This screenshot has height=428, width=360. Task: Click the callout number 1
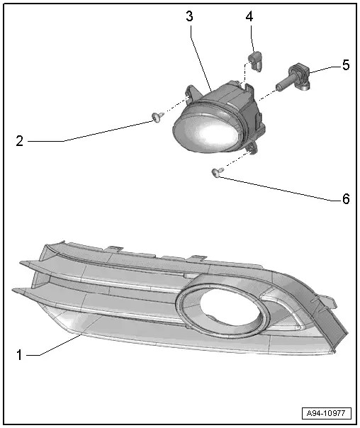(x=18, y=351)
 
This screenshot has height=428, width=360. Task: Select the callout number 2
(x=20, y=141)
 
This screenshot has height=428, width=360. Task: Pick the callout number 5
(x=345, y=65)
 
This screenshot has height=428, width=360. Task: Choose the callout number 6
(x=345, y=199)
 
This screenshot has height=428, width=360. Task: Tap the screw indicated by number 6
(x=216, y=171)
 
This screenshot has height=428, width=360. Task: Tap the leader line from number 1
(x=57, y=346)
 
